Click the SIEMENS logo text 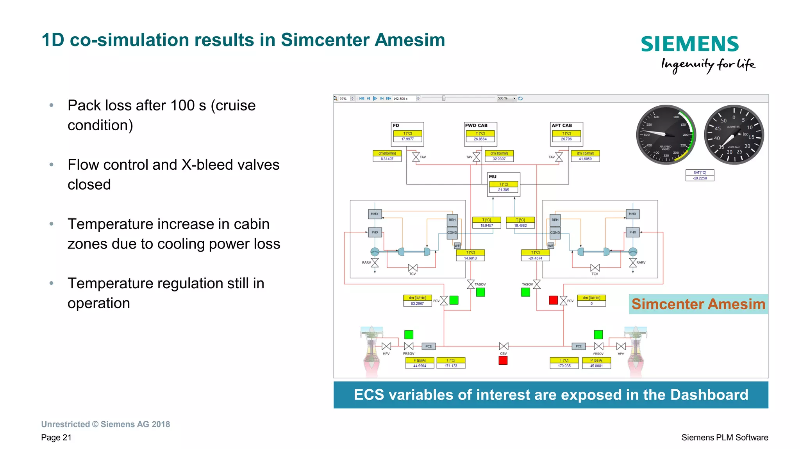[x=689, y=44]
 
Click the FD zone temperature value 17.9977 [x=407, y=139]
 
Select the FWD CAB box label [x=476, y=126]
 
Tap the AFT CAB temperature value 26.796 [x=566, y=139]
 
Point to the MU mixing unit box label [x=493, y=177]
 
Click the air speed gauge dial [x=666, y=135]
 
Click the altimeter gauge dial [x=734, y=135]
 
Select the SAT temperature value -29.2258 [x=700, y=178]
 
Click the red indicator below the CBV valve [x=503, y=360]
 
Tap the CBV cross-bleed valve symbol [x=504, y=346]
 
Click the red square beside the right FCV [x=553, y=300]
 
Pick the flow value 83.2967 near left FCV [x=417, y=303]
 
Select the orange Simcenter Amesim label [x=698, y=304]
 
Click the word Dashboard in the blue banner [x=709, y=395]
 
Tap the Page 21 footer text [x=56, y=437]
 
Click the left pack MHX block [x=375, y=214]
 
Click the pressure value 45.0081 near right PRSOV [x=596, y=366]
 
